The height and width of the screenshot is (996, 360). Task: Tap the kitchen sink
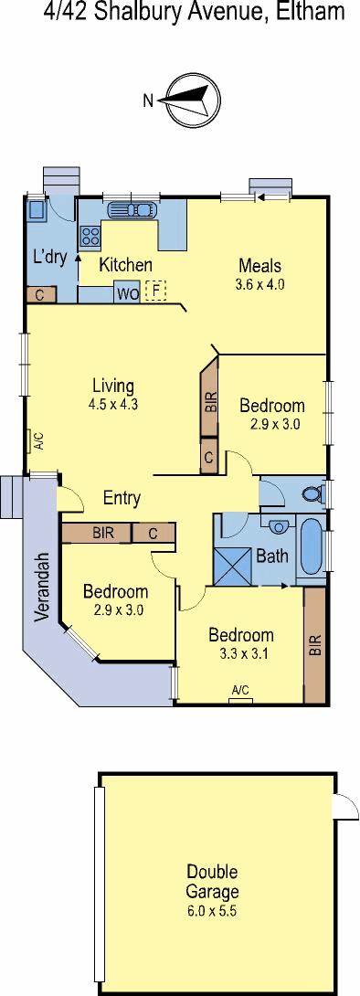[132, 210]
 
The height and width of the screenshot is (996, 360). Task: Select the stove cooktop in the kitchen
[90, 237]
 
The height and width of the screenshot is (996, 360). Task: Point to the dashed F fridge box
[155, 291]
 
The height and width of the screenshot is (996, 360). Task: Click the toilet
[312, 493]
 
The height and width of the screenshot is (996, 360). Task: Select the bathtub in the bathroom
[311, 546]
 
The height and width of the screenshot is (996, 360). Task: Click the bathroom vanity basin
[278, 526]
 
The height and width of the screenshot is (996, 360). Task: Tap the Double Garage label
[212, 881]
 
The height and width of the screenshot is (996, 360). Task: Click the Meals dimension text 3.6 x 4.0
[259, 284]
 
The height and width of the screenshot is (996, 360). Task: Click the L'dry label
[49, 258]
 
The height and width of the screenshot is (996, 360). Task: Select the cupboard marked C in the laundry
[41, 295]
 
